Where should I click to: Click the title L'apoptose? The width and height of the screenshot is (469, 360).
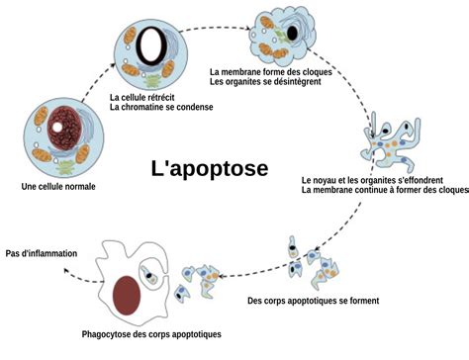pyautogui.click(x=209, y=168)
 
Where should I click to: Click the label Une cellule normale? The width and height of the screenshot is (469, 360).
pyautogui.click(x=58, y=187)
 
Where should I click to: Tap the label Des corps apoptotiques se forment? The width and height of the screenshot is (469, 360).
pyautogui.click(x=312, y=301)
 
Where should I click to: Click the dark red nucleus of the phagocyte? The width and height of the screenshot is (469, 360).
pyautogui.click(x=127, y=294)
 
